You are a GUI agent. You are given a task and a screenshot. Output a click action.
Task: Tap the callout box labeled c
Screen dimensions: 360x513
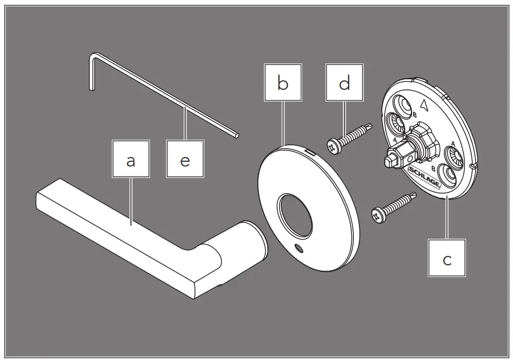click(x=447, y=257)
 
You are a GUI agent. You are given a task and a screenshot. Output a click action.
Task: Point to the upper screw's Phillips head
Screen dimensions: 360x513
click(x=334, y=146)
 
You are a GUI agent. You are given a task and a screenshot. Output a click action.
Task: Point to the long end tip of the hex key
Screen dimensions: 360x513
click(x=238, y=135)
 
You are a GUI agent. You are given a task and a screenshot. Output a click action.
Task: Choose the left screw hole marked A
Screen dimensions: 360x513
click(x=398, y=126)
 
